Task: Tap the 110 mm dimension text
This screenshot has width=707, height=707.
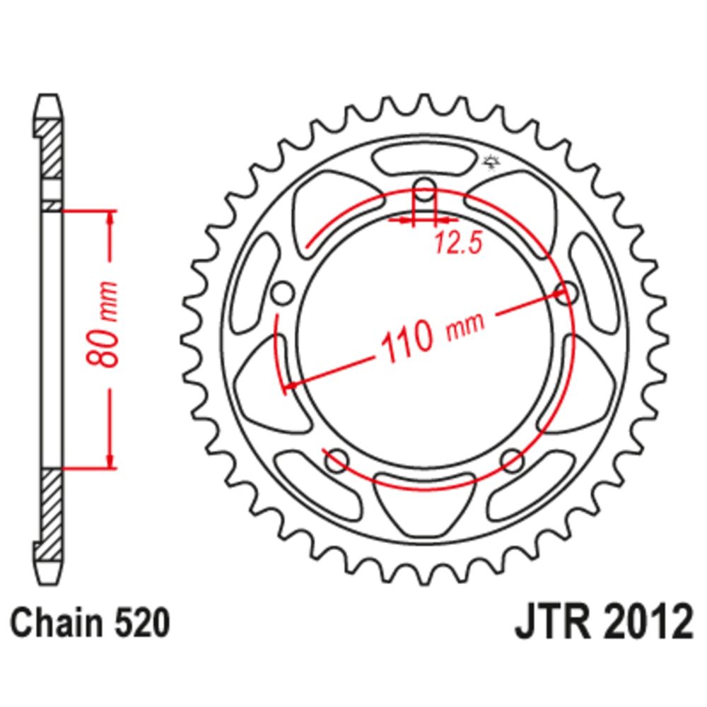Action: [433, 335]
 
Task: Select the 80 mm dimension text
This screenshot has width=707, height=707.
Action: [103, 324]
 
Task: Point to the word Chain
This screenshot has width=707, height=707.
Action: [57, 623]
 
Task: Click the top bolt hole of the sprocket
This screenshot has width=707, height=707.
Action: [424, 190]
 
